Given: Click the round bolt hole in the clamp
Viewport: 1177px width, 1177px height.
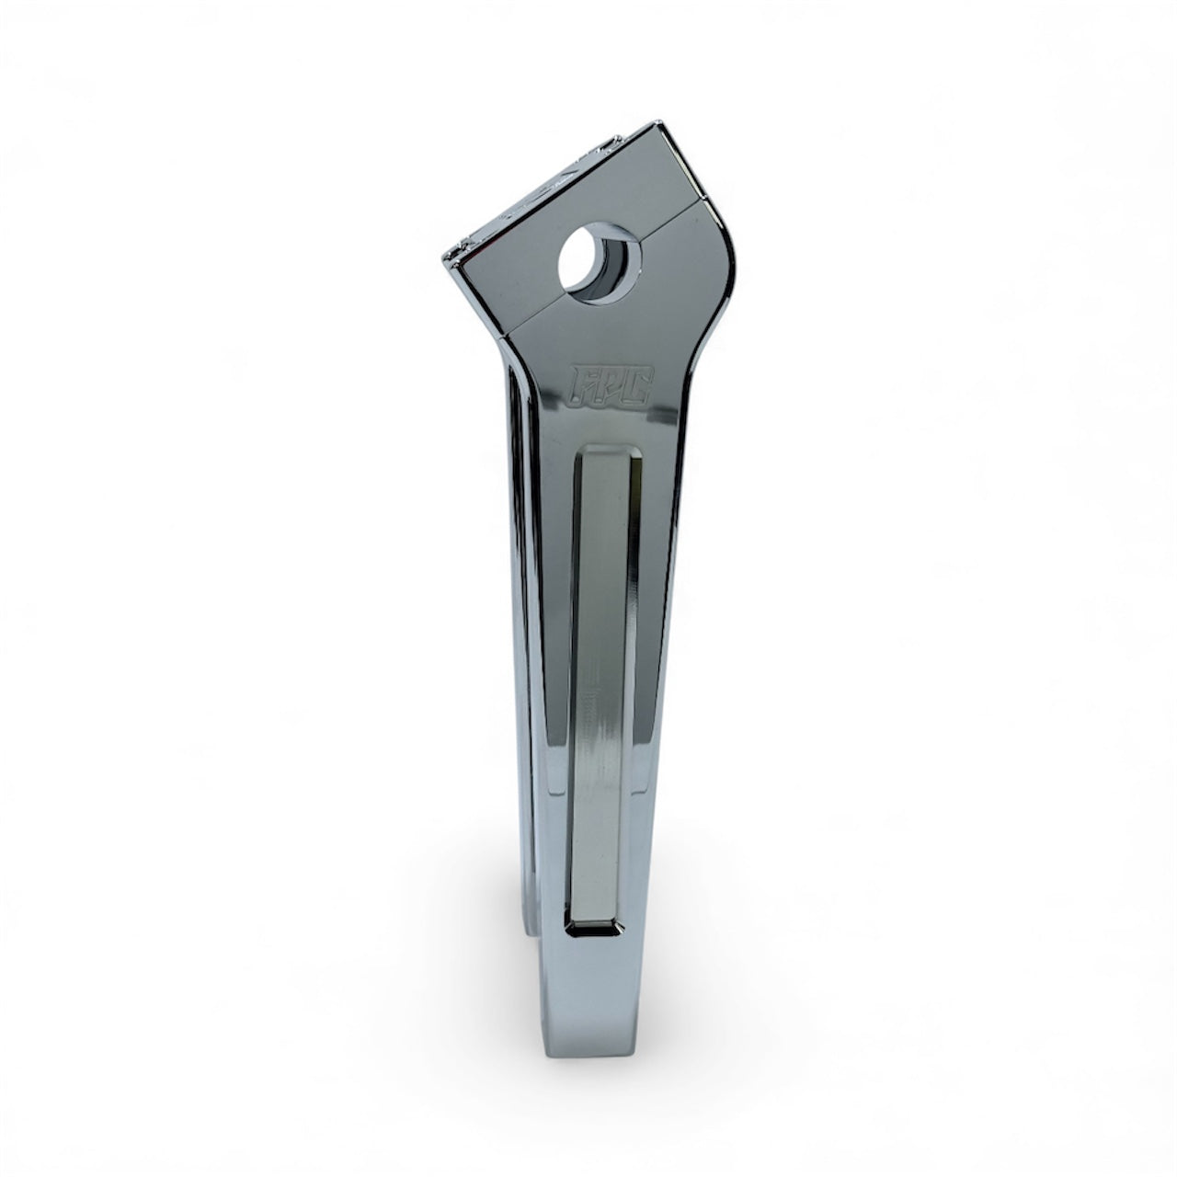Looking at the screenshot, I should [x=596, y=263].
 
